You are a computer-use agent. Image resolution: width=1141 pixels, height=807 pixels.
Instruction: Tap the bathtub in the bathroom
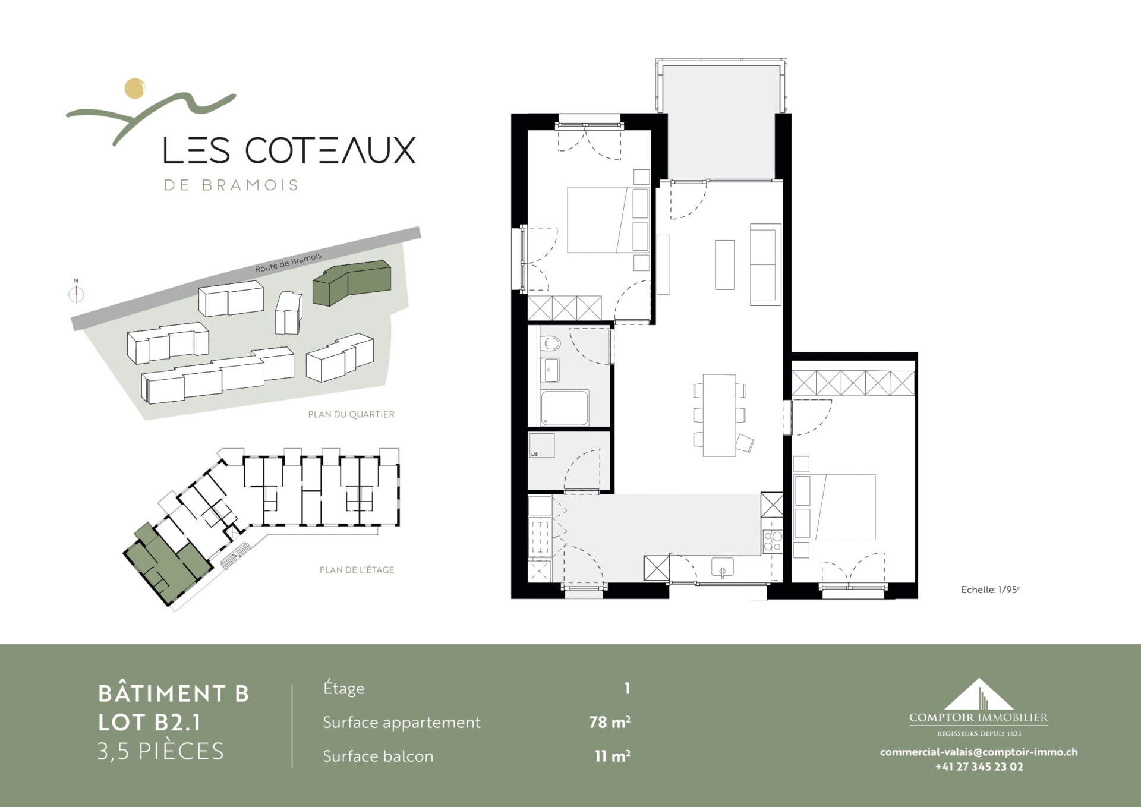pos(565,408)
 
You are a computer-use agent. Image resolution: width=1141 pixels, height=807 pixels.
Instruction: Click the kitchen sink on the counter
pos(723,568)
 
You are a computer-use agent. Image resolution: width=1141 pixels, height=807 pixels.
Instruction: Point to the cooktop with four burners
pos(773,541)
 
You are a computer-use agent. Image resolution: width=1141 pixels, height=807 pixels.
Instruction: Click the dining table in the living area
pos(719,415)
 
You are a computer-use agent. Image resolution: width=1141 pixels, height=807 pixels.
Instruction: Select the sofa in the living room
pos(765,264)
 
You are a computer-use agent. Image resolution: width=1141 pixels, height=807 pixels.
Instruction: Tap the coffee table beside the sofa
pos(724,264)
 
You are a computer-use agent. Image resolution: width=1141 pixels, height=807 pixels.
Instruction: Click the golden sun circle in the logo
pos(135,89)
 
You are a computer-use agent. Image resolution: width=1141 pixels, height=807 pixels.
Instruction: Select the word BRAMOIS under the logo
pos(249,185)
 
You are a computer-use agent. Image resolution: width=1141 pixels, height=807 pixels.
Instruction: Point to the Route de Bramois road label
pos(288,263)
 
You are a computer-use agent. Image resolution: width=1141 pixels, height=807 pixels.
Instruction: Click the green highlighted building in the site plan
pos(352,282)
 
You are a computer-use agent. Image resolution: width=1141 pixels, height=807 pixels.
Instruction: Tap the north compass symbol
pos(76,294)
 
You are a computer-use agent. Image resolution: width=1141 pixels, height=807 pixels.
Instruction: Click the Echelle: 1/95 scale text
pos(990,590)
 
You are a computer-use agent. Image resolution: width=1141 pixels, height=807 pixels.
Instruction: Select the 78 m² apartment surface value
pos(609,722)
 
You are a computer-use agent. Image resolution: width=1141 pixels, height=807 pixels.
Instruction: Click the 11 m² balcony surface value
pos(612,756)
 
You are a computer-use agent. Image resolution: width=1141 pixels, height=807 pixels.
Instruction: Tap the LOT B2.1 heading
pos(150,723)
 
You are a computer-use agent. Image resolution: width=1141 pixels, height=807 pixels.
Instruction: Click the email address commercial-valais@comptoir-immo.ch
pos(979,752)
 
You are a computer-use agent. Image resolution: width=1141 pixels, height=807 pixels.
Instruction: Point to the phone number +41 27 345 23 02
pos(979,767)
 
